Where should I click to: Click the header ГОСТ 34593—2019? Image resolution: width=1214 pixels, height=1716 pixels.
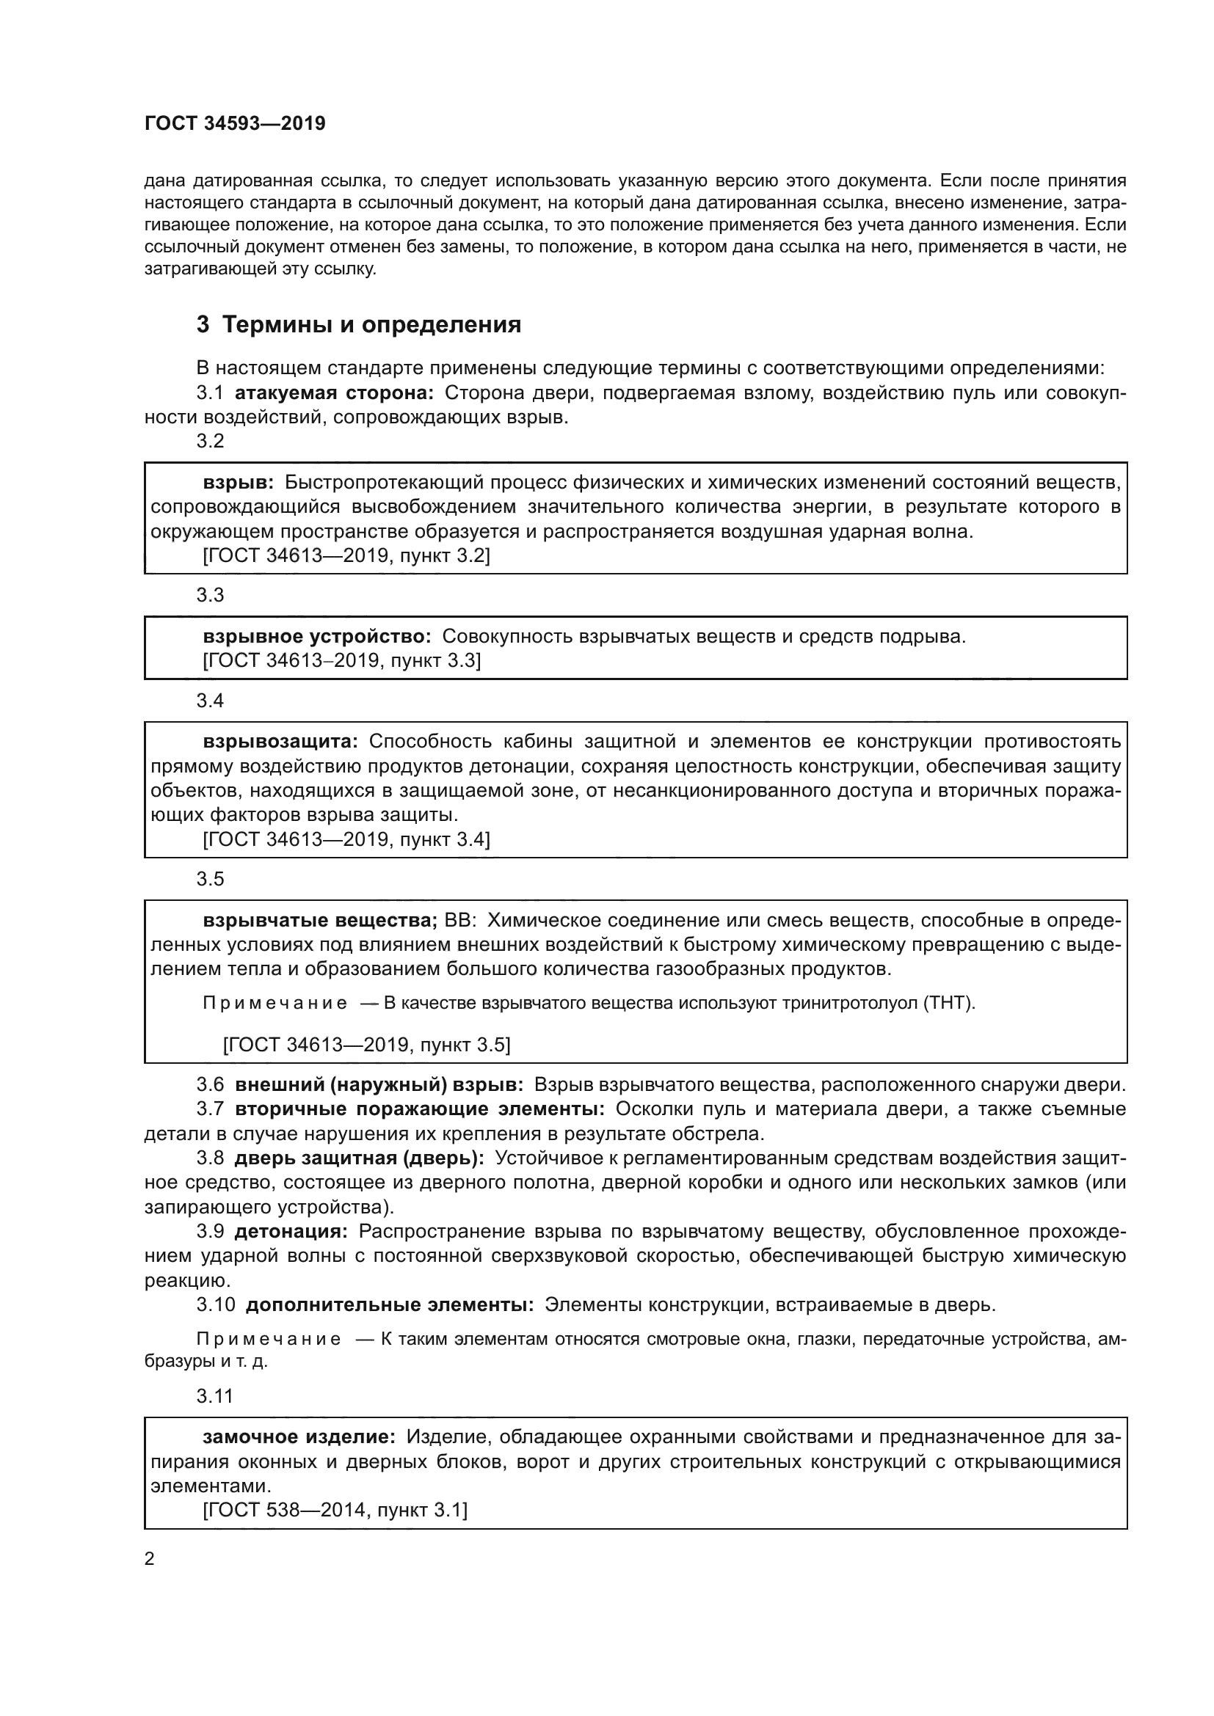pyautogui.click(x=235, y=124)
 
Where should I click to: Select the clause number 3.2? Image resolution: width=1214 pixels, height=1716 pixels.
pyautogui.click(x=210, y=441)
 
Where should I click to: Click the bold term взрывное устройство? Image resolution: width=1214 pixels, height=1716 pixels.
pyautogui.click(x=317, y=636)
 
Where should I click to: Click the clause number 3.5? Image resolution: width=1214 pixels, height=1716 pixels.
pyautogui.click(x=210, y=879)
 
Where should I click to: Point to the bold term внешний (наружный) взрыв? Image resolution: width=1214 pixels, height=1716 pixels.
pyautogui.click(x=379, y=1084)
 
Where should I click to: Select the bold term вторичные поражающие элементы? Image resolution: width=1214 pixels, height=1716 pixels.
pyautogui.click(x=419, y=1109)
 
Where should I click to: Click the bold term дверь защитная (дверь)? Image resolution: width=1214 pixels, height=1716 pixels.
pyautogui.click(x=360, y=1158)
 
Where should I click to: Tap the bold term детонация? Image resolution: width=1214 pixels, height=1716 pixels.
pyautogui.click(x=291, y=1231)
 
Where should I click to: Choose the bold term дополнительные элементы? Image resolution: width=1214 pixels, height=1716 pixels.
pyautogui.click(x=390, y=1305)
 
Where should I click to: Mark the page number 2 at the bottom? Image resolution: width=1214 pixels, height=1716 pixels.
pyautogui.click(x=150, y=1559)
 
